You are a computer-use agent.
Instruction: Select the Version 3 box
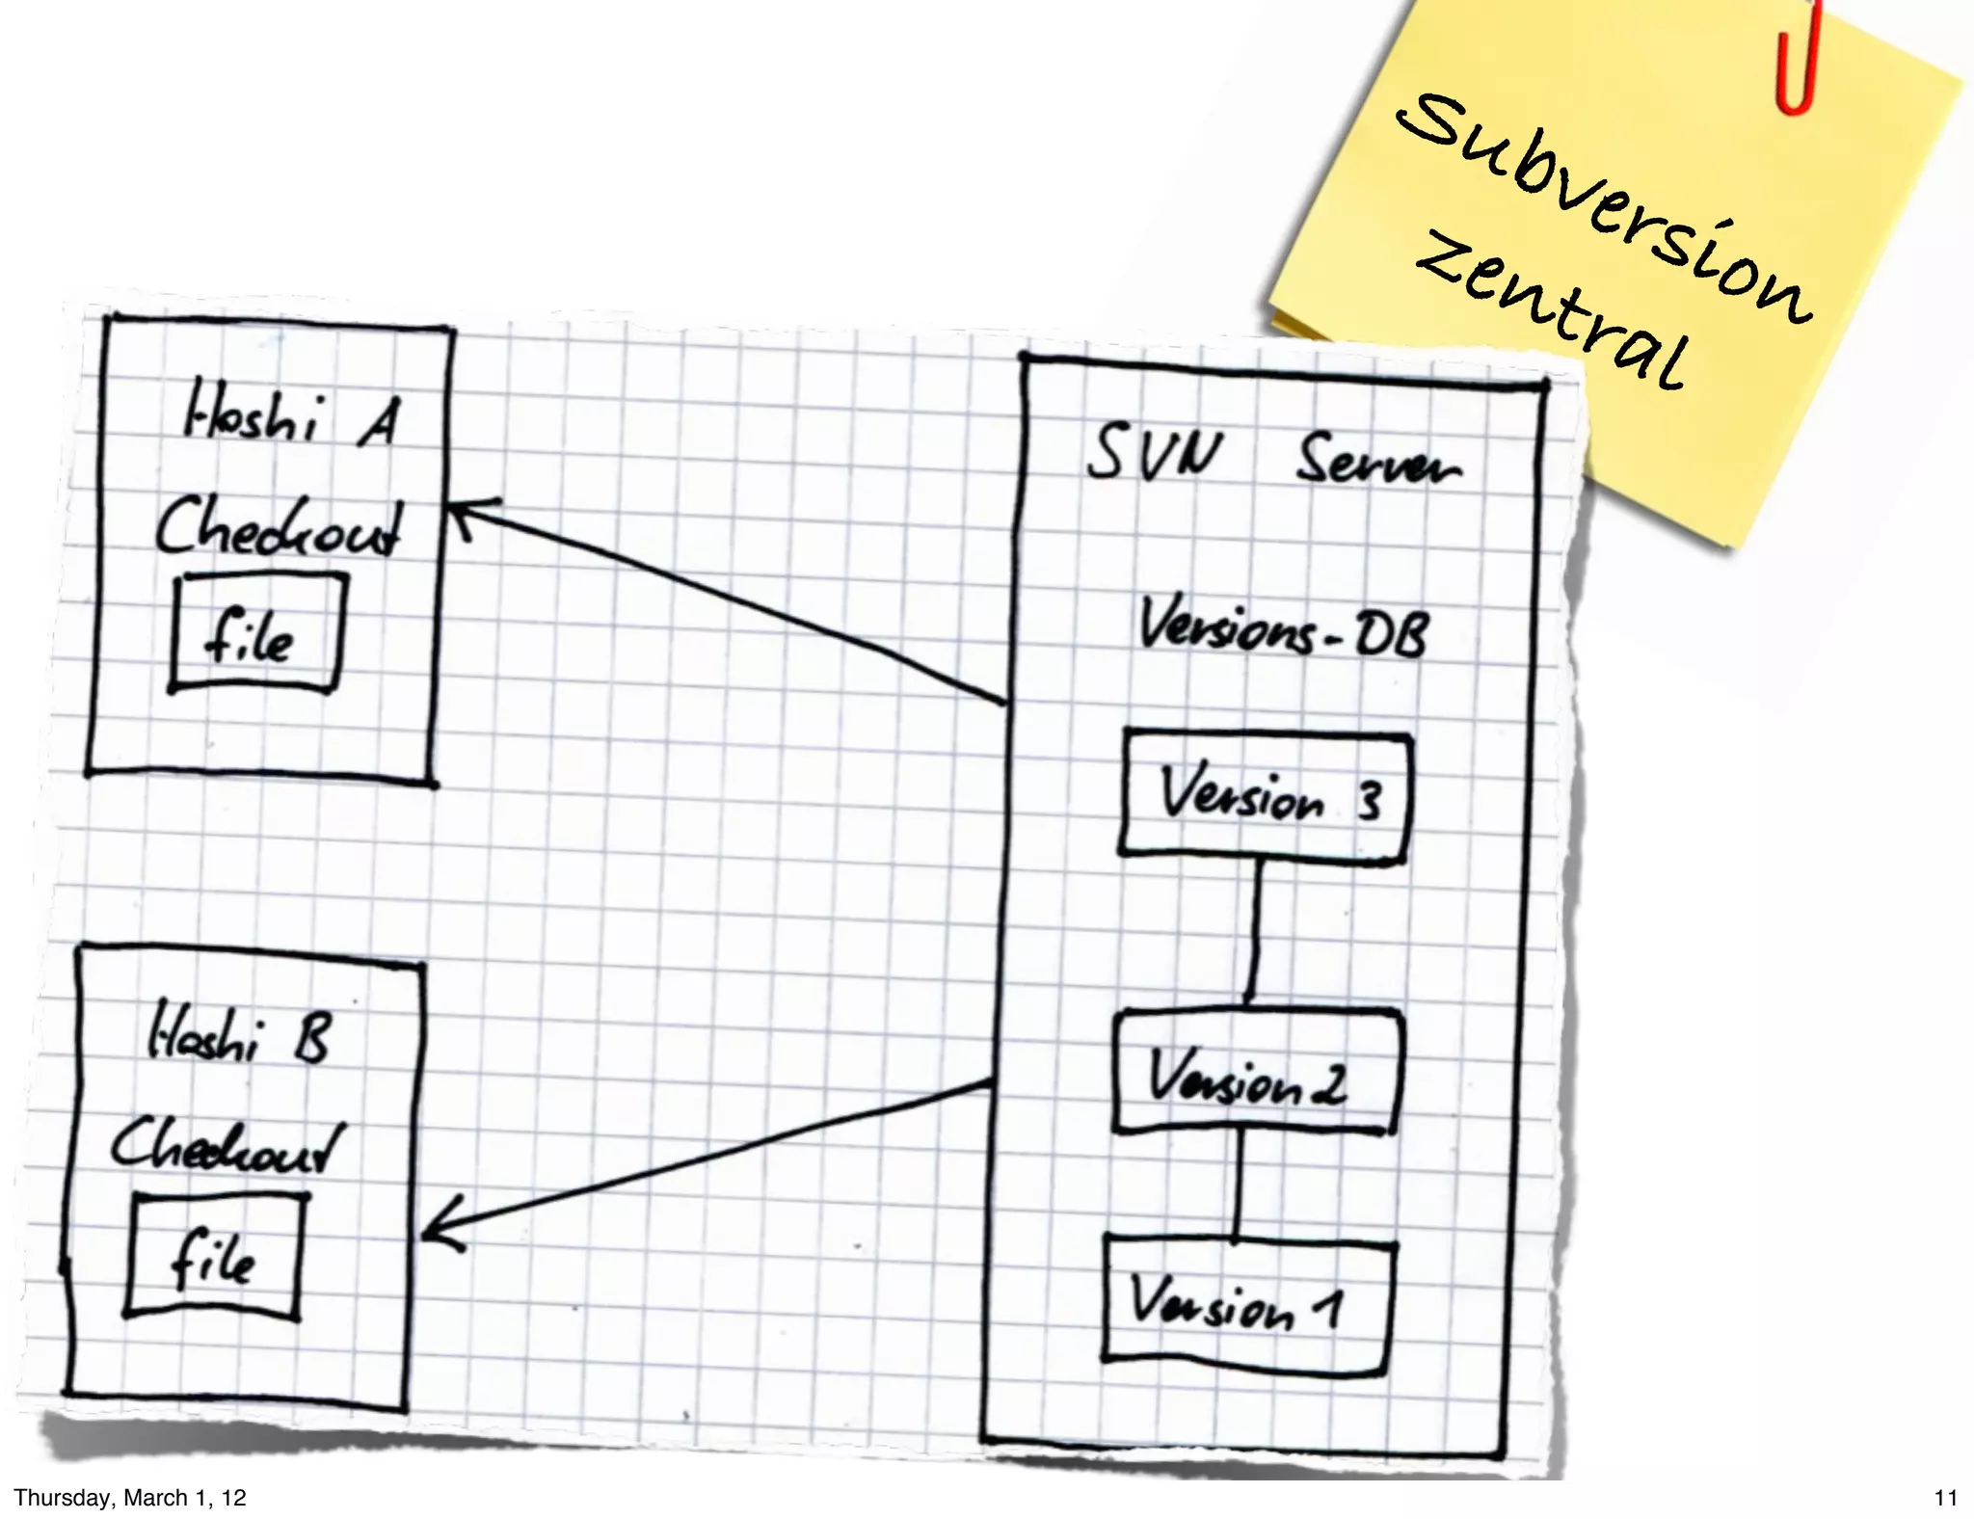(1265, 796)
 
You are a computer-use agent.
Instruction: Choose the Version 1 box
(1245, 1301)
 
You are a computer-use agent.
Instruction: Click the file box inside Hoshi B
(215, 1256)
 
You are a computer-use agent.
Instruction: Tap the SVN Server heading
(1272, 456)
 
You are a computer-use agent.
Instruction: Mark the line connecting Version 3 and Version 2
(1254, 930)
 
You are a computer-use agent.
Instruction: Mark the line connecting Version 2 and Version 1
(1240, 1184)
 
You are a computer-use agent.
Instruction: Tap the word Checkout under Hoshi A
(280, 527)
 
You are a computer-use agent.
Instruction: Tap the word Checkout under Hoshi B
(227, 1147)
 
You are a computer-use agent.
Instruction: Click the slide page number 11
(1945, 1498)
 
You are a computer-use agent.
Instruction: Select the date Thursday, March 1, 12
(130, 1498)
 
